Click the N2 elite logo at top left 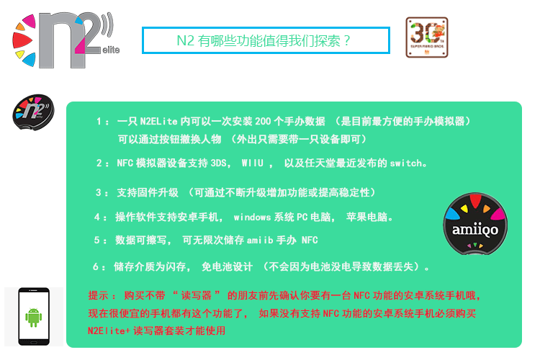[x=66, y=40]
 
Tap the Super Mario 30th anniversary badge [x=427, y=37]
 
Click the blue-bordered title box [x=266, y=40]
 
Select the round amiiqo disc [x=475, y=224]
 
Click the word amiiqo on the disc [x=475, y=230]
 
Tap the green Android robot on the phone [x=33, y=318]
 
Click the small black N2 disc [x=33, y=112]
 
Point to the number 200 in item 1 [x=263, y=121]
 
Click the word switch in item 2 [x=406, y=163]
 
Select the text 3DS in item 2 [x=218, y=163]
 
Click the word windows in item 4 [x=252, y=217]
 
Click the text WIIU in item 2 [x=253, y=163]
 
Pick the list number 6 [x=96, y=266]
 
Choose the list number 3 [x=99, y=192]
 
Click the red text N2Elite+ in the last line [x=109, y=330]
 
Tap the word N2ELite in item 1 [x=159, y=121]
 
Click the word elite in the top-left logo [x=111, y=50]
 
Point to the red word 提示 [x=98, y=296]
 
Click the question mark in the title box [x=346, y=40]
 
